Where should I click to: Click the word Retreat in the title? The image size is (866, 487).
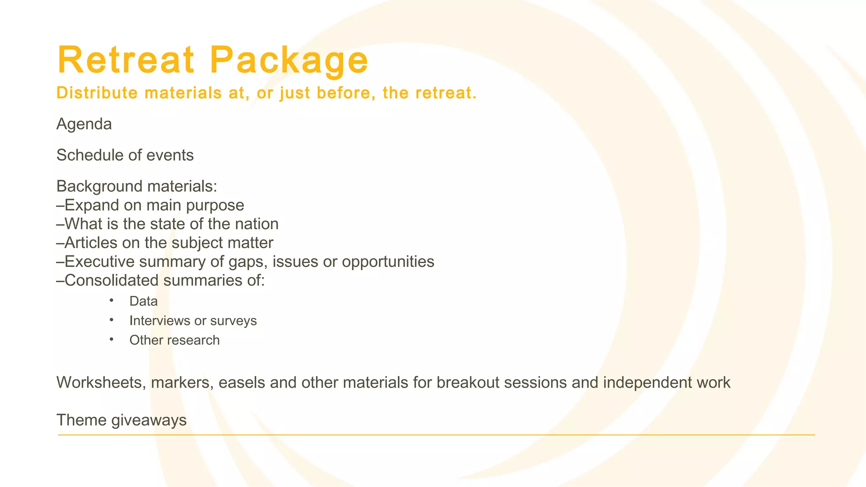[126, 60]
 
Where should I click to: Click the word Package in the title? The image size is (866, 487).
[289, 61]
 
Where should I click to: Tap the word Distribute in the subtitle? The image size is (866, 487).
[97, 93]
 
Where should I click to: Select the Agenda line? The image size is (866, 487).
[84, 124]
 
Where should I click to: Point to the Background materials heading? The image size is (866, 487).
[137, 186]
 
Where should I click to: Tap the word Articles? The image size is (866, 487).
[90, 243]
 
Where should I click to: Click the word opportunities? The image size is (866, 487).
[388, 262]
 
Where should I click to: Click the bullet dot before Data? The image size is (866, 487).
[112, 301]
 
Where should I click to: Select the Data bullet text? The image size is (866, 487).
[143, 301]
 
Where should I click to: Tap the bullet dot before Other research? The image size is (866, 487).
[112, 339]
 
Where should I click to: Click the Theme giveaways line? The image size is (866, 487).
[121, 421]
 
